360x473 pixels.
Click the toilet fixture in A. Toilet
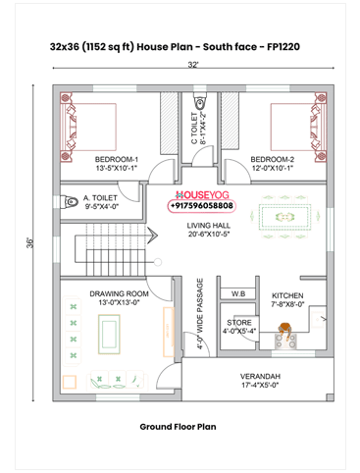tap(71, 202)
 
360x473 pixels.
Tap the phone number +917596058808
tap(201, 207)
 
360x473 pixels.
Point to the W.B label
tap(238, 293)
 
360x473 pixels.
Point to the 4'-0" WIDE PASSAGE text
tap(200, 314)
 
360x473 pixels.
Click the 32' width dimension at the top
tap(194, 65)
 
